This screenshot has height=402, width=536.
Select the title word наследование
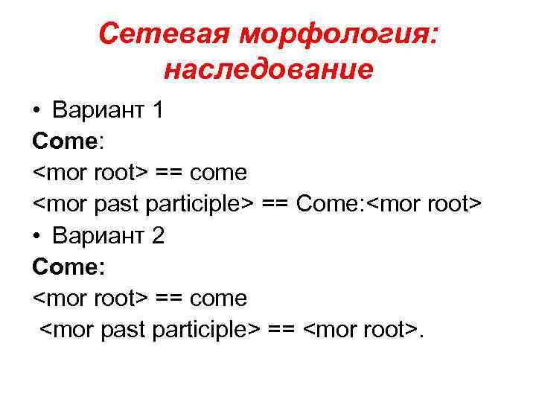tap(267, 69)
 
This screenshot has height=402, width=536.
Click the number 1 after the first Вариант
tap(156, 111)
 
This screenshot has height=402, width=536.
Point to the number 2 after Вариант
tap(157, 237)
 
